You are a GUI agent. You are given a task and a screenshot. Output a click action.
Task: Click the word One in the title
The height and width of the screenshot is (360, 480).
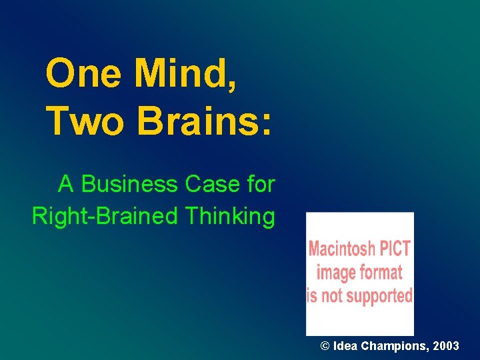coord(85,73)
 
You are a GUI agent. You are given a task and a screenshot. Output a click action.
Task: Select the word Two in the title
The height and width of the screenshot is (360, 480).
coord(84,120)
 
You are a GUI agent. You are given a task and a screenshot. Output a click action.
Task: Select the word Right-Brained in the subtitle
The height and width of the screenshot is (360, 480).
coord(105,216)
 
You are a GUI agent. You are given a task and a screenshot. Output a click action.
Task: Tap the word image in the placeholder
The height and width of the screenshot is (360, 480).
coord(333,272)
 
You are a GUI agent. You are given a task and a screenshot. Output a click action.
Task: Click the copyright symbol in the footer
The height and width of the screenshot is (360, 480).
coord(325,346)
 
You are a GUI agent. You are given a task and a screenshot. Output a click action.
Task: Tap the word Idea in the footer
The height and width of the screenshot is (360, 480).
coord(345,346)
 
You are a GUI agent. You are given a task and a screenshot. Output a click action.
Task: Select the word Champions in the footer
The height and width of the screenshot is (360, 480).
coord(392,346)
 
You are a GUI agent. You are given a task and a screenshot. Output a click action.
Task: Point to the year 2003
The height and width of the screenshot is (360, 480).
coord(445,346)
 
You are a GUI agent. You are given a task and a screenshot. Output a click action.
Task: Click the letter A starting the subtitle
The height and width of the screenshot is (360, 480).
coord(65,184)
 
